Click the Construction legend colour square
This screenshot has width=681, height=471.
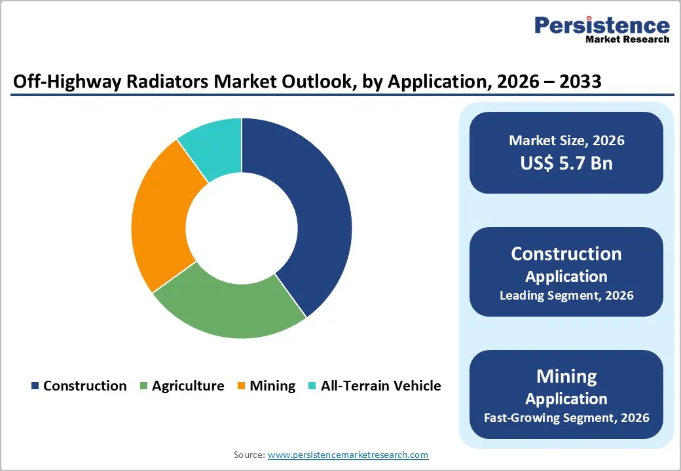pyautogui.click(x=35, y=386)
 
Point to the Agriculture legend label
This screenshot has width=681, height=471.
pyautogui.click(x=188, y=386)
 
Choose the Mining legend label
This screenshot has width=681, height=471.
pyautogui.click(x=272, y=386)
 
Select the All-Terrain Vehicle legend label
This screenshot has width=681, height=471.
pyautogui.click(x=380, y=386)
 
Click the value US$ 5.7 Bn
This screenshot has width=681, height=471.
pyautogui.click(x=566, y=163)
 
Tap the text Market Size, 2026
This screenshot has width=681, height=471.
pyautogui.click(x=566, y=141)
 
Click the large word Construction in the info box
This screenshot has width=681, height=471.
pyautogui.click(x=566, y=254)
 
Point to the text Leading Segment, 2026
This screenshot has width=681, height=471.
pyautogui.click(x=566, y=295)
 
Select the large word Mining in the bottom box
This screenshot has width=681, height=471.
pyautogui.click(x=566, y=376)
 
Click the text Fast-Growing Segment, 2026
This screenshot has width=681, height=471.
pyautogui.click(x=566, y=417)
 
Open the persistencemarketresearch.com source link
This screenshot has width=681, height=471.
pyautogui.click(x=348, y=455)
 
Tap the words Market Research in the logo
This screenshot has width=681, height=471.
pyautogui.click(x=627, y=39)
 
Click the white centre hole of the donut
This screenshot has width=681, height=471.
pyautogui.click(x=242, y=228)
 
